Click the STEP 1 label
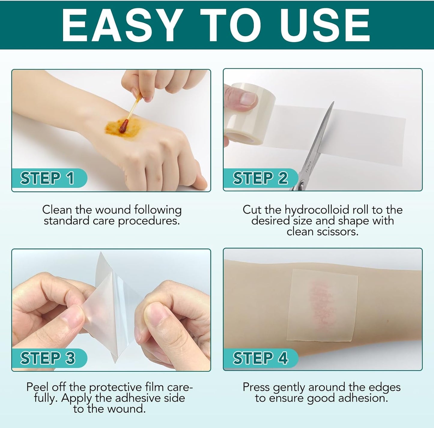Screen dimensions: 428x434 (x=47, y=178)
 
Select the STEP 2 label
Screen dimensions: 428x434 (x=260, y=178)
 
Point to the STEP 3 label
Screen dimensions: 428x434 (x=47, y=358)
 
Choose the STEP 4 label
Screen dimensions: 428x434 (x=260, y=358)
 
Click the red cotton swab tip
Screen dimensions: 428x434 (x=123, y=126)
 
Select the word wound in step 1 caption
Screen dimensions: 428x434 (x=113, y=210)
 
